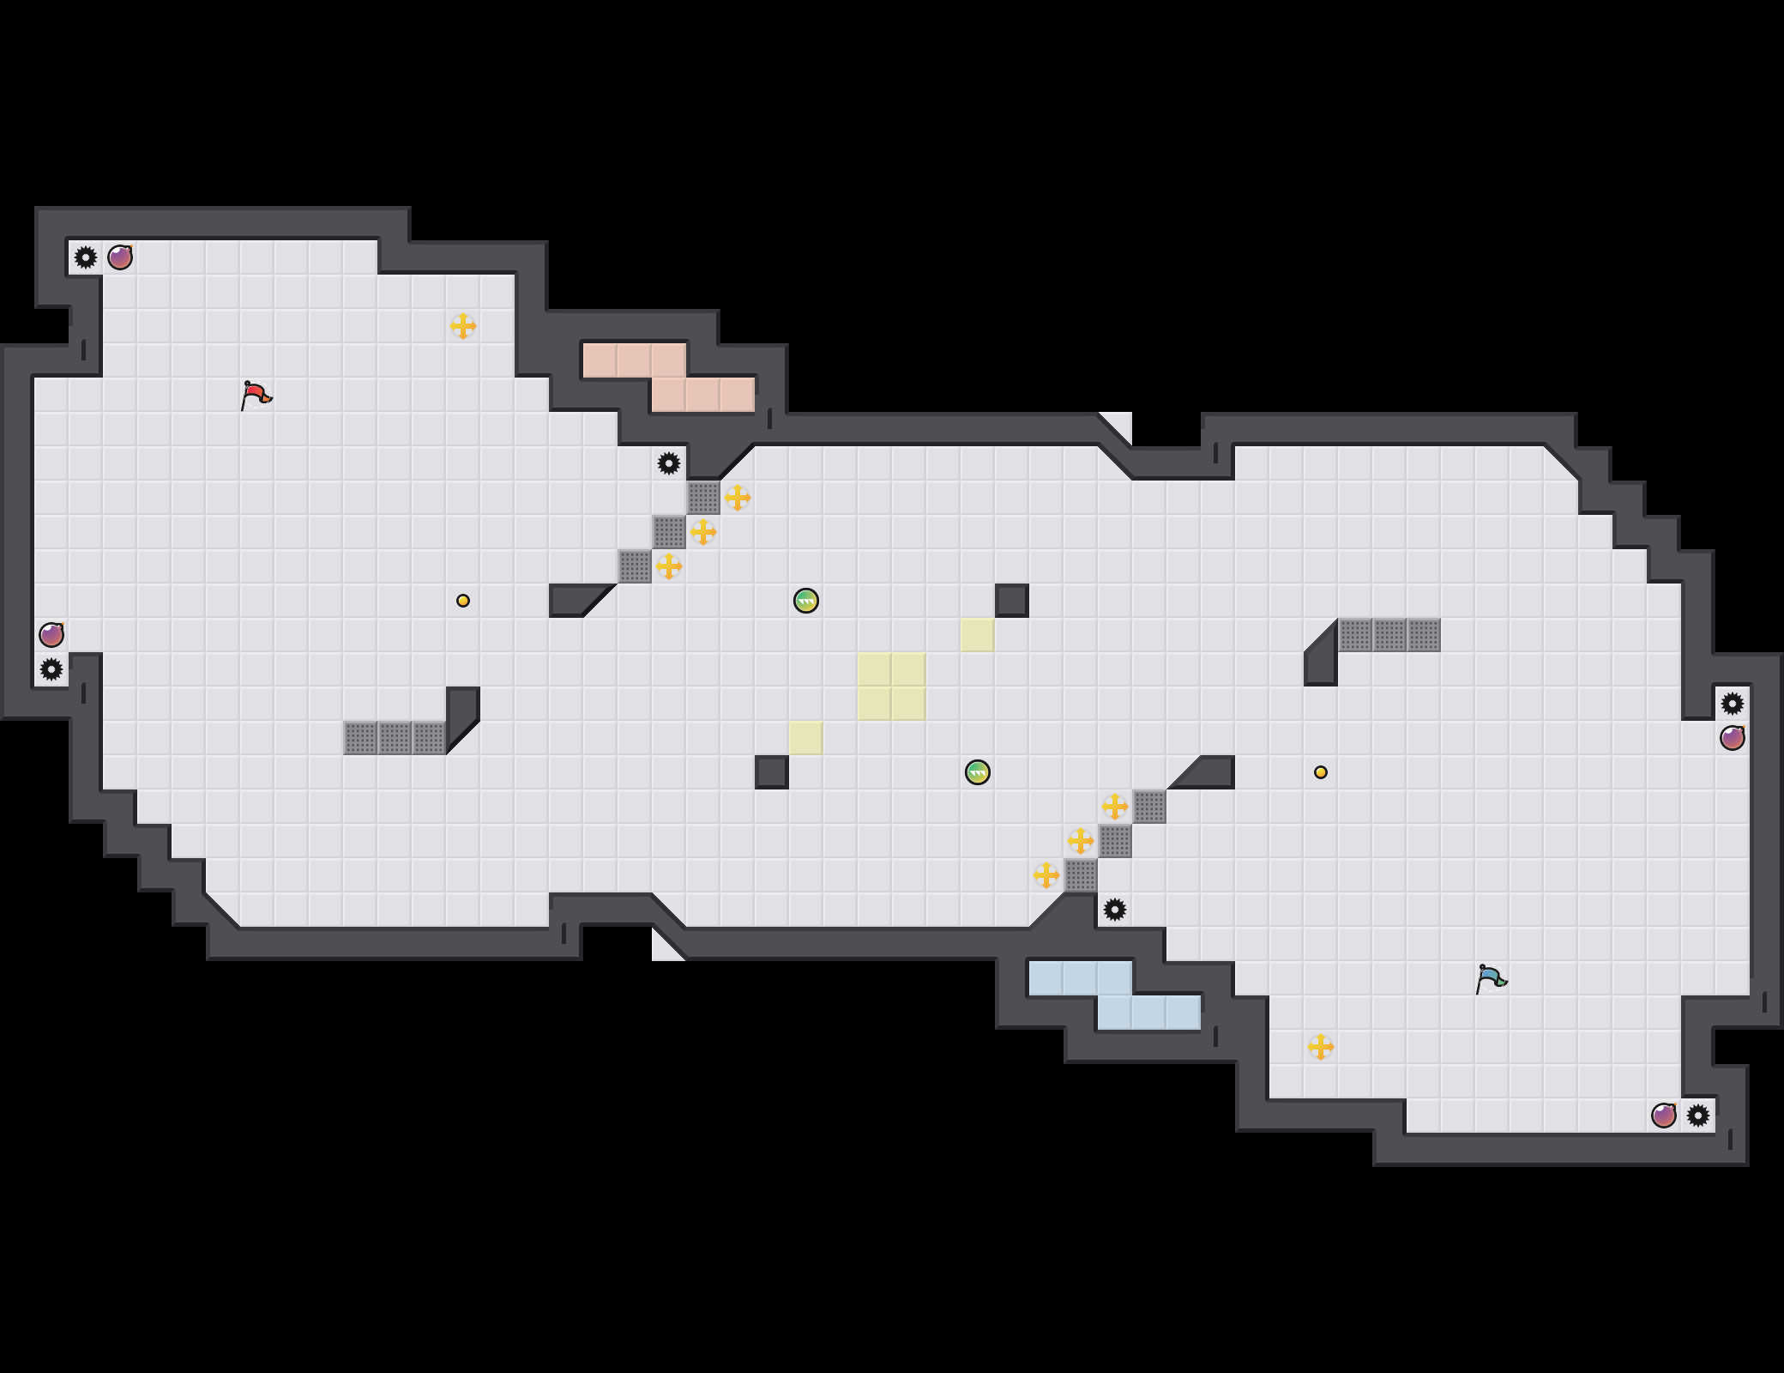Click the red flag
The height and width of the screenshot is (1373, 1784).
click(255, 395)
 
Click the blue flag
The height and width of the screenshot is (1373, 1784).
click(1491, 978)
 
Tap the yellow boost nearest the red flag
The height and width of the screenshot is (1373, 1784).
click(463, 326)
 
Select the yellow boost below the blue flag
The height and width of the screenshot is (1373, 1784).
click(1321, 1047)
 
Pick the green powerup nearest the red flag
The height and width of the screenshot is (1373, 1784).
click(806, 601)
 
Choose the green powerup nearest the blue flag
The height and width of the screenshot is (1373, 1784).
click(978, 772)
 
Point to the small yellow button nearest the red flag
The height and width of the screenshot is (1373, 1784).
click(463, 601)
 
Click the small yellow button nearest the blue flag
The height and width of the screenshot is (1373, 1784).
click(1321, 772)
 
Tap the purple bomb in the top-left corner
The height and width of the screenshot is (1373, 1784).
click(120, 257)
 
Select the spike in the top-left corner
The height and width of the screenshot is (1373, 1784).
click(86, 257)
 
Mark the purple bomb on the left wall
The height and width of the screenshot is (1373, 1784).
click(51, 635)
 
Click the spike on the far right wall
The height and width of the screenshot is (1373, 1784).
click(1733, 704)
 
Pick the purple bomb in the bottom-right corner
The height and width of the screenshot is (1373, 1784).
click(1664, 1116)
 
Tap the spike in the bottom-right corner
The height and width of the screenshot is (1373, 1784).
click(1698, 1116)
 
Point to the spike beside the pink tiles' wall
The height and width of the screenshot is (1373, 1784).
click(669, 463)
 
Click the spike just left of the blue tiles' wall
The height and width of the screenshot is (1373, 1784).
click(1115, 910)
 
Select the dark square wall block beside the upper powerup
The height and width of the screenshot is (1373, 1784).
click(1012, 601)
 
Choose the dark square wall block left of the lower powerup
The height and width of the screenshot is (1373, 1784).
click(772, 772)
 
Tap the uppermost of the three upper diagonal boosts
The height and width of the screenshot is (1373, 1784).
click(738, 498)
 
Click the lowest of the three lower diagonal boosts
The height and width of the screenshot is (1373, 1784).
click(1046, 875)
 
